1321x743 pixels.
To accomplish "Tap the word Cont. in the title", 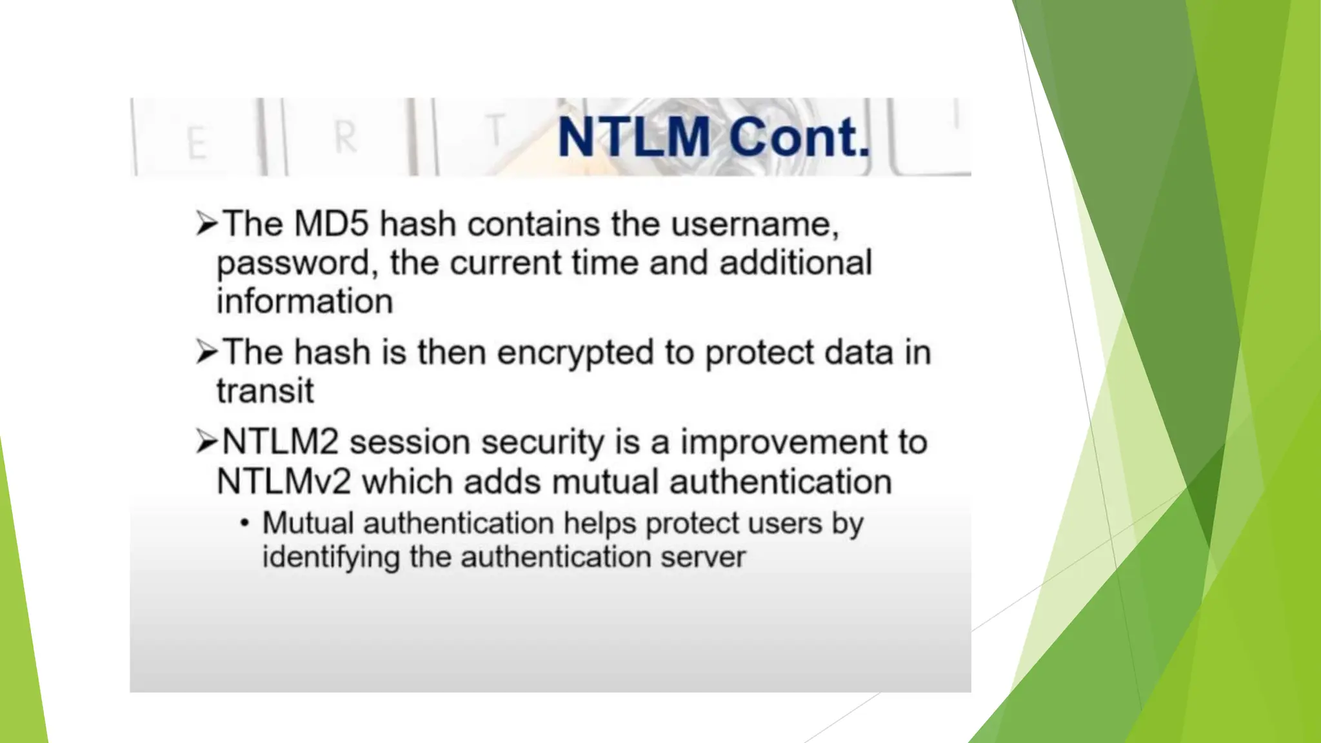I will click(x=800, y=137).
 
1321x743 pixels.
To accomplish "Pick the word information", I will click(x=304, y=301).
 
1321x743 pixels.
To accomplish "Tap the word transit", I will click(x=264, y=391).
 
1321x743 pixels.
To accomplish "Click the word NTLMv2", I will click(x=284, y=482).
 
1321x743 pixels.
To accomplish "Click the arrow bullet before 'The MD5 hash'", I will click(x=206, y=224).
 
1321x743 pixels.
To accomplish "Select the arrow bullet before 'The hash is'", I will click(x=206, y=352).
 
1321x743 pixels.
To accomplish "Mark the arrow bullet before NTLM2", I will click(x=206, y=442).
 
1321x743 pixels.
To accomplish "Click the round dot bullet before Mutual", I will click(x=244, y=523).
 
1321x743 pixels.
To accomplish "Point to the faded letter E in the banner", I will click(x=197, y=143).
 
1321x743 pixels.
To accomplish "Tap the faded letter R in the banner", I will click(x=346, y=137).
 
